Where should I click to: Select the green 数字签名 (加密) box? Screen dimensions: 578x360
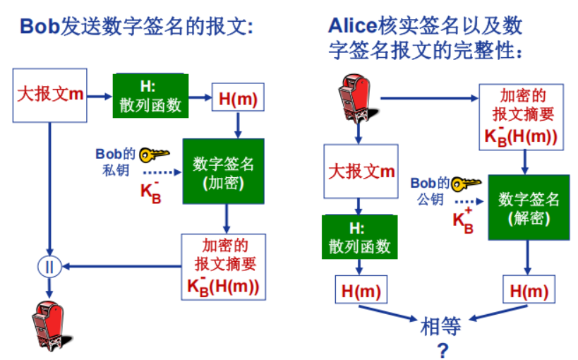click(224, 171)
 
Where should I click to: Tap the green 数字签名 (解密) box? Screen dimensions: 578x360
click(529, 208)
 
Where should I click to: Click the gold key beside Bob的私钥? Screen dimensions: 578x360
click(154, 155)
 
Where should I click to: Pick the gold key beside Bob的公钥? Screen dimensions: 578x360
click(466, 184)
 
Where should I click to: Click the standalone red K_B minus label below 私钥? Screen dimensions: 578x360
click(151, 192)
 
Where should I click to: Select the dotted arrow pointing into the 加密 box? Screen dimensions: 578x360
click(162, 172)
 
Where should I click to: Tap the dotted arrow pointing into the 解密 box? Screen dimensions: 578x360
click(469, 201)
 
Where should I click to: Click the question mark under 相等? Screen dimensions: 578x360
click(442, 350)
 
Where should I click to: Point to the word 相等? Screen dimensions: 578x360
click(440, 326)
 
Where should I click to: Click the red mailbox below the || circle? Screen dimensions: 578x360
click(50, 325)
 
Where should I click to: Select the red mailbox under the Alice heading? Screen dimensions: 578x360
click(356, 97)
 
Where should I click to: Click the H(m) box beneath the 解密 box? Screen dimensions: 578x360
click(529, 289)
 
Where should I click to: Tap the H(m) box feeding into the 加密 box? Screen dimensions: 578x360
click(238, 97)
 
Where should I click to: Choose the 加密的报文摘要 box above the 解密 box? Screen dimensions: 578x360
click(522, 117)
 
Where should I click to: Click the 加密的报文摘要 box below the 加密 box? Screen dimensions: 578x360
click(224, 267)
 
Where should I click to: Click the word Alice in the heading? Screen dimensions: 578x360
click(353, 26)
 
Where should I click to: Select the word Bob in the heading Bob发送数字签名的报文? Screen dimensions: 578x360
click(40, 27)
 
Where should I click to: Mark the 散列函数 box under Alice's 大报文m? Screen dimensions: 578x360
click(360, 236)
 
